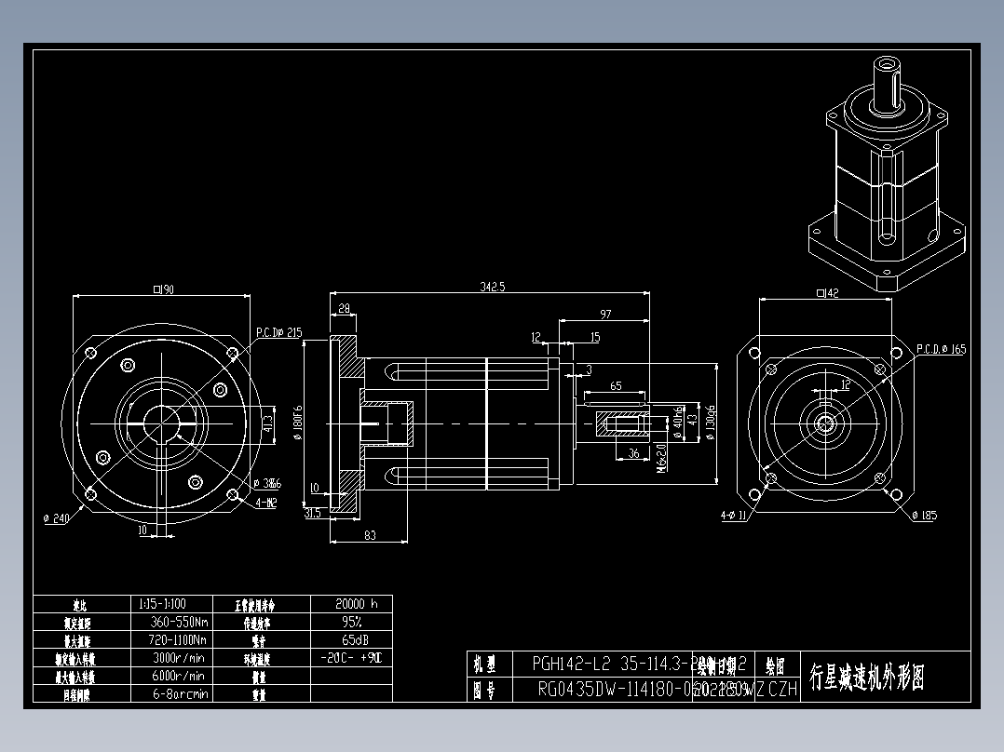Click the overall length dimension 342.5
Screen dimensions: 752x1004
[x=492, y=288]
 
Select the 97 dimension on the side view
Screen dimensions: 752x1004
[x=605, y=314]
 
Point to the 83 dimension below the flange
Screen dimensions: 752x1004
[x=370, y=534]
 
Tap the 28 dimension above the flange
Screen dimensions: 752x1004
[x=344, y=308]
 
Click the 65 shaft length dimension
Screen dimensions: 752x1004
[x=616, y=385]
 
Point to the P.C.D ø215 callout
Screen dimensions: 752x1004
[x=279, y=332]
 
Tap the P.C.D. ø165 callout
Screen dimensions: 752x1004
[x=941, y=349]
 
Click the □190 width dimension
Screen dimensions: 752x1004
[x=164, y=289]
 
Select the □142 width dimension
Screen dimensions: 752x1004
[x=827, y=294]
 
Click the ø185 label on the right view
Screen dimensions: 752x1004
[x=923, y=516]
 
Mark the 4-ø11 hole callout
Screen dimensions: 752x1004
[x=733, y=514]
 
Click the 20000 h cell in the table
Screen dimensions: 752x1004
[x=350, y=603]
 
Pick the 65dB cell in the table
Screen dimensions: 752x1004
[x=350, y=640]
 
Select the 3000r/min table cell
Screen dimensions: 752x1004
[x=177, y=658]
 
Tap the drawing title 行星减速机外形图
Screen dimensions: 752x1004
[x=866, y=677]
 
